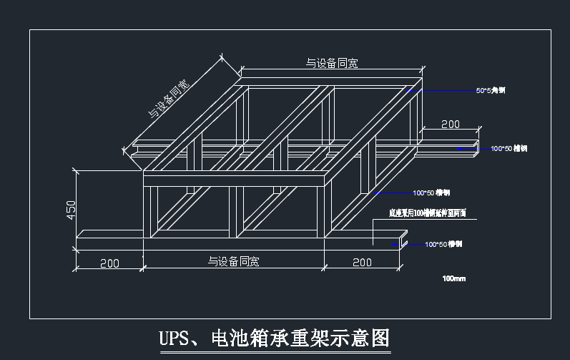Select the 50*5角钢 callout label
click(491, 91)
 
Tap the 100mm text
click(453, 278)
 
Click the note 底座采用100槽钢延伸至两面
click(428, 213)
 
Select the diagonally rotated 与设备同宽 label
click(169, 99)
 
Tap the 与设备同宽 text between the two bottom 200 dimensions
click(234, 262)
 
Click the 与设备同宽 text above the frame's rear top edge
click(332, 64)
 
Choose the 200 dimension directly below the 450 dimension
click(109, 263)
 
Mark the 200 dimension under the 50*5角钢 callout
click(450, 125)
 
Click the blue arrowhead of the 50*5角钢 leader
click(410, 91)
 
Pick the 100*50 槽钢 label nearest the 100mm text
click(443, 245)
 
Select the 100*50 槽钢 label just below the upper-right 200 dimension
click(508, 149)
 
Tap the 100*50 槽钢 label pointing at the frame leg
click(431, 193)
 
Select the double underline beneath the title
click(274, 351)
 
